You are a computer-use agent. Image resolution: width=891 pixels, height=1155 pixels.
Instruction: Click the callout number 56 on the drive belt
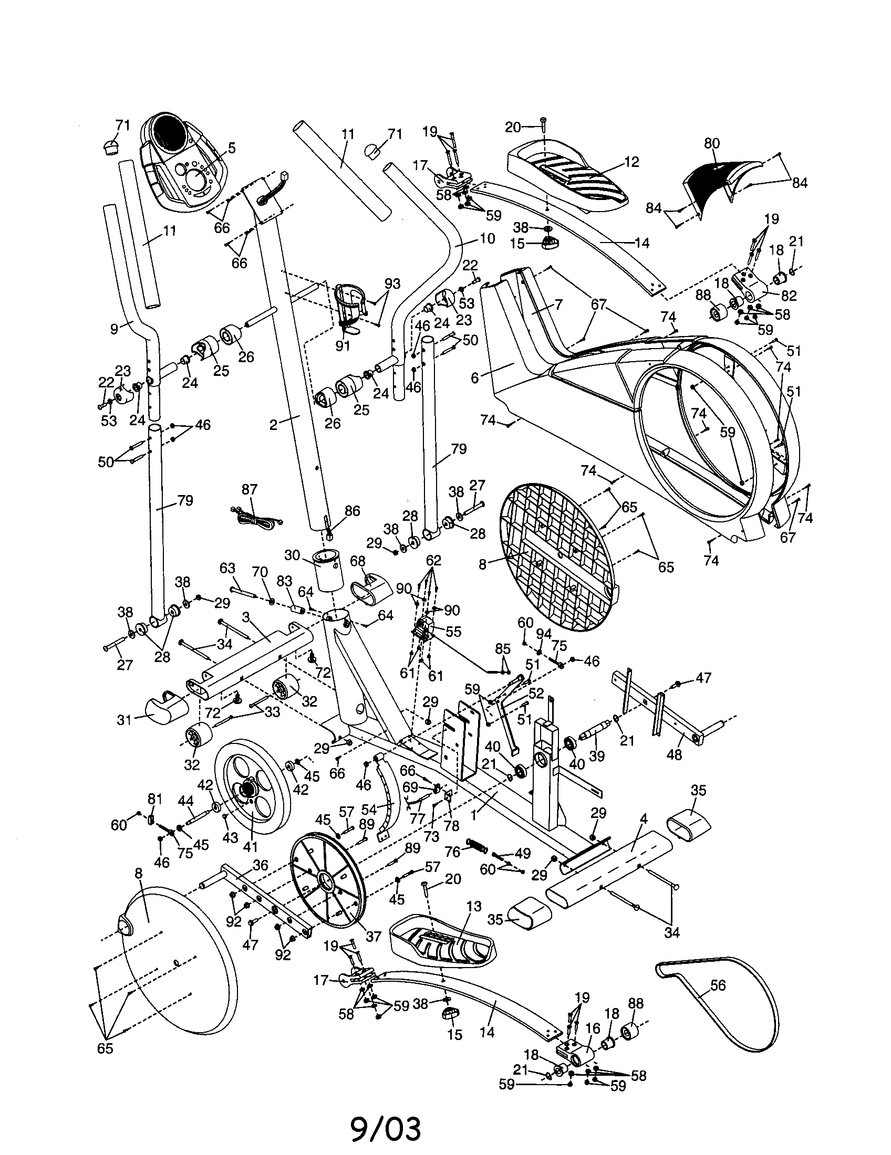[x=718, y=985]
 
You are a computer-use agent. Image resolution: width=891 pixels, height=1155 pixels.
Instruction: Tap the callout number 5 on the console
[x=231, y=148]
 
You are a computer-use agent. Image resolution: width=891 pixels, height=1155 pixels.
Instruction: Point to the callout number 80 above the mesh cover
[x=712, y=143]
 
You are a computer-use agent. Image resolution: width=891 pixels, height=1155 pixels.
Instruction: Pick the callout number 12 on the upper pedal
[x=632, y=162]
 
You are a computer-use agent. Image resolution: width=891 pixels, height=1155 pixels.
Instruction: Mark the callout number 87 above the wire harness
[x=249, y=489]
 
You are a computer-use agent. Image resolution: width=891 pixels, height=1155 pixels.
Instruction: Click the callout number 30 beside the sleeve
[x=292, y=555]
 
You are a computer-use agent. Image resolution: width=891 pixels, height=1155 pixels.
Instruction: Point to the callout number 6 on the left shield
[x=474, y=377]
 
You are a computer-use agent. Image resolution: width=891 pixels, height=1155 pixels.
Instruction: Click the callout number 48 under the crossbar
[x=675, y=755]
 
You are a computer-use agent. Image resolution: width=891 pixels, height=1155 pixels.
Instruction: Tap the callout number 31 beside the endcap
[x=124, y=720]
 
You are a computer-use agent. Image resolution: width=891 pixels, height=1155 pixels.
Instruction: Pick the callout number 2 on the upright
[x=273, y=425]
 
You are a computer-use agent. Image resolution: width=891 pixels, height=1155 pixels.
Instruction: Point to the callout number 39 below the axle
[x=597, y=756]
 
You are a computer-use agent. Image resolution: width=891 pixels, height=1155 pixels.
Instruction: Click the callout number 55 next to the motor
[x=453, y=632]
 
